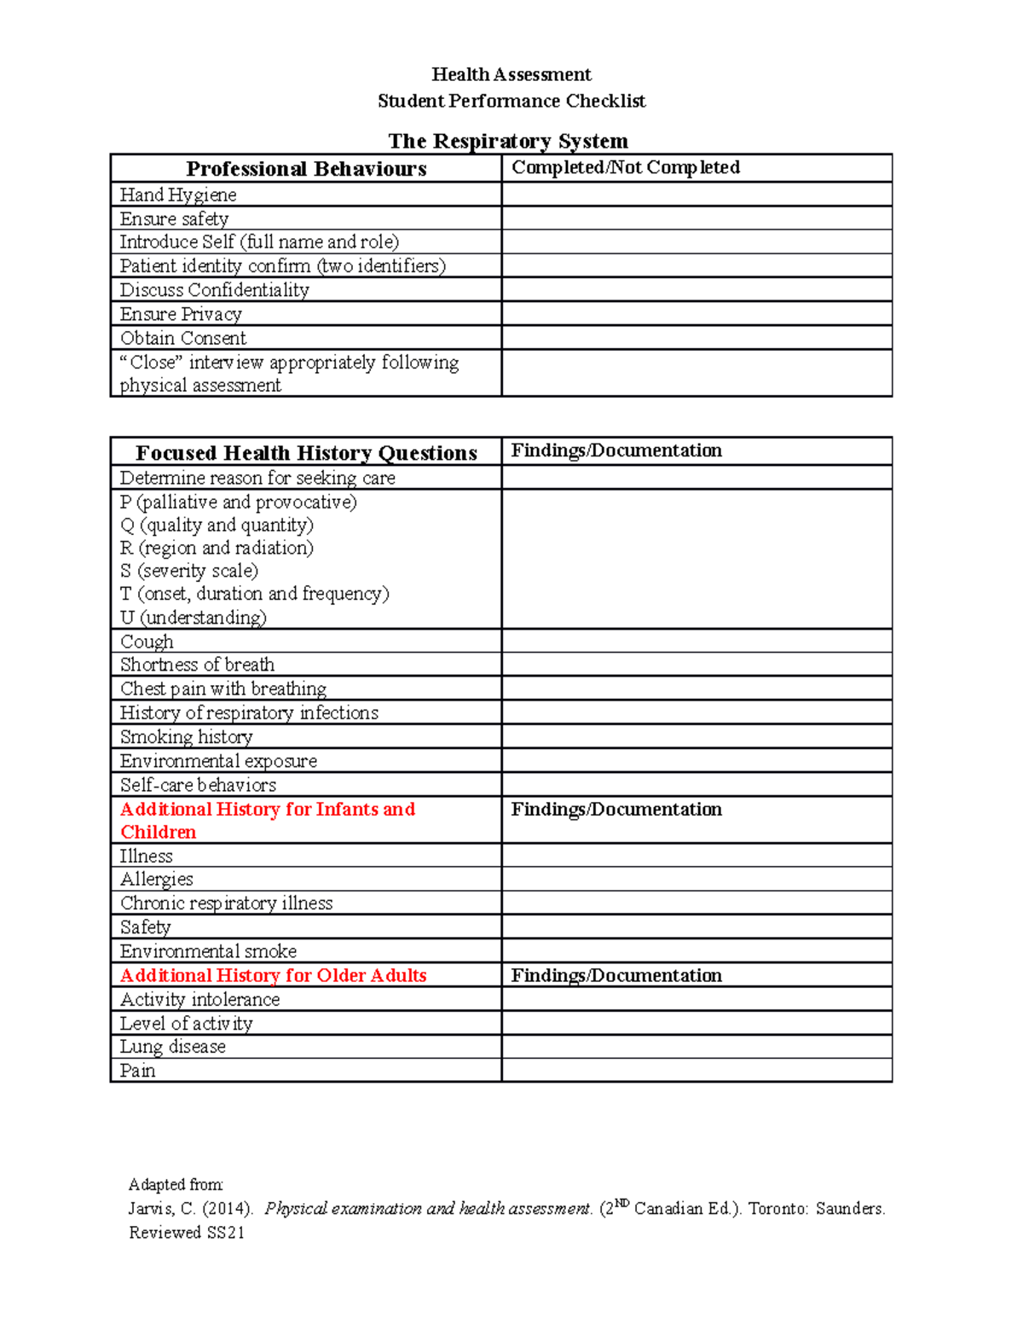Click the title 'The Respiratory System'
[x=508, y=141]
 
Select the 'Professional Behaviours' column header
[x=306, y=169]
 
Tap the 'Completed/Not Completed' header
[x=625, y=167]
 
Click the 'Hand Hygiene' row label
[x=178, y=195]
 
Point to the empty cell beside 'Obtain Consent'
[x=696, y=338]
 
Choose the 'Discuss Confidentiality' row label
[x=214, y=290]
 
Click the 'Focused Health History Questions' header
[x=306, y=453]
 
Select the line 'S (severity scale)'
[x=189, y=571]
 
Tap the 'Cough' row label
[x=147, y=642]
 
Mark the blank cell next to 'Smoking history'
[x=696, y=737]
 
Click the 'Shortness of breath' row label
[x=197, y=665]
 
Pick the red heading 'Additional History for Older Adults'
[x=273, y=975]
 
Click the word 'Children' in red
[x=158, y=832]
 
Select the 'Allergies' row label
[x=157, y=879]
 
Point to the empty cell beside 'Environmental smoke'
[x=696, y=951]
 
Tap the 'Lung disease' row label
[x=173, y=1047]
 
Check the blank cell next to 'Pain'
[x=696, y=1071]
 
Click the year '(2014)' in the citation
[x=228, y=1209]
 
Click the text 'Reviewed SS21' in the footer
[x=187, y=1233]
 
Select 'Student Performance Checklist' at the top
[x=511, y=101]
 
